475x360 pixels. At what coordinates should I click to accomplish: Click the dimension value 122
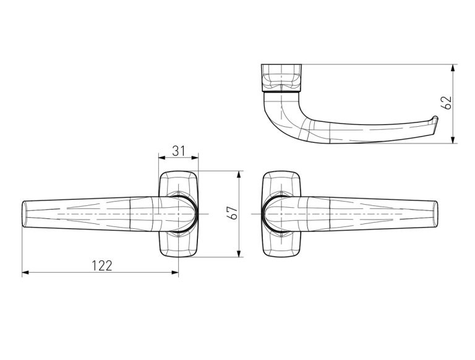coord(102,266)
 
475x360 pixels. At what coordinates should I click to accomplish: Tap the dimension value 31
coord(178,151)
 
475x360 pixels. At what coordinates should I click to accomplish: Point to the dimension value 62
coord(446,103)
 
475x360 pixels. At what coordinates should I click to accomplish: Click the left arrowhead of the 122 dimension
coord(25,272)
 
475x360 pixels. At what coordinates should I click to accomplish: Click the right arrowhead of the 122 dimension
coord(175,272)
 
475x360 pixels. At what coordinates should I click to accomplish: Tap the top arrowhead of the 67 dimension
coord(239,174)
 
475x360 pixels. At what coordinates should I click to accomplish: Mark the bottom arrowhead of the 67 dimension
coord(239,254)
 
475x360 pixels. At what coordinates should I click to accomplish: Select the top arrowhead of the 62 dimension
coord(453,68)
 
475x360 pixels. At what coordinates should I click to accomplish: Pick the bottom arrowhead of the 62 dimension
coord(453,140)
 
